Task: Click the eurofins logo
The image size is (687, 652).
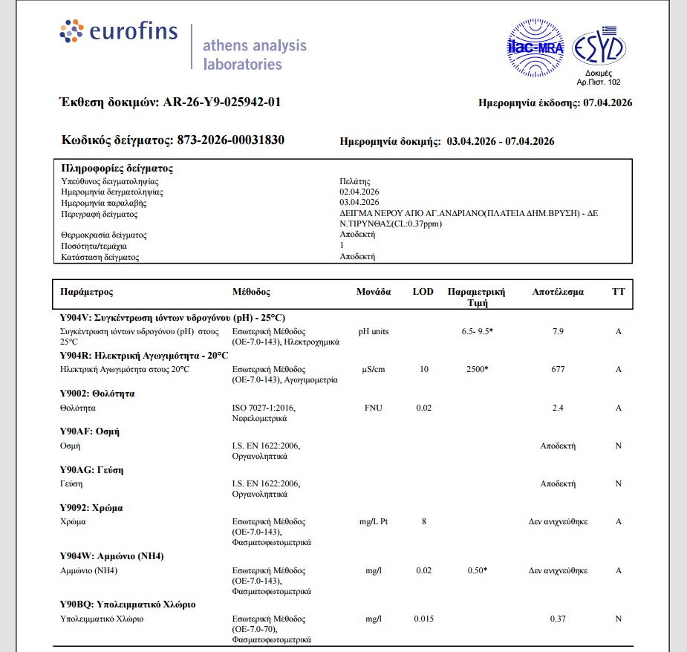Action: pyautogui.click(x=119, y=32)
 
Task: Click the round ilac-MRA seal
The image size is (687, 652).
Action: pyautogui.click(x=535, y=48)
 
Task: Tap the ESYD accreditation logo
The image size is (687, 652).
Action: pyautogui.click(x=599, y=48)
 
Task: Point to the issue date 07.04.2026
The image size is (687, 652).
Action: pyautogui.click(x=608, y=103)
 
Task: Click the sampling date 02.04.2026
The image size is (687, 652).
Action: pyautogui.click(x=359, y=192)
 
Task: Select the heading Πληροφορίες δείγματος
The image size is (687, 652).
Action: pyautogui.click(x=117, y=169)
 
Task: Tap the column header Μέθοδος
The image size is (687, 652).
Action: pyautogui.click(x=251, y=292)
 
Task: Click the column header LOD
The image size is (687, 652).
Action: pyautogui.click(x=423, y=292)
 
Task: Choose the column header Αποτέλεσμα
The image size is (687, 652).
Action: pyautogui.click(x=558, y=292)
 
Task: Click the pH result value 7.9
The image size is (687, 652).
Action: pyautogui.click(x=558, y=331)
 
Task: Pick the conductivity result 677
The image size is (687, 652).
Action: pyautogui.click(x=558, y=369)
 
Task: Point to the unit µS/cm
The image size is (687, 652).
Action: pyautogui.click(x=374, y=369)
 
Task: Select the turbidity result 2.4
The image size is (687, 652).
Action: pyautogui.click(x=558, y=408)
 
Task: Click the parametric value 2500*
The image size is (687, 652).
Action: pyautogui.click(x=476, y=369)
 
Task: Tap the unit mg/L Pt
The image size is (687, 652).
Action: pyautogui.click(x=374, y=521)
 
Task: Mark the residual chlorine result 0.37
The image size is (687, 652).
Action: pyautogui.click(x=558, y=619)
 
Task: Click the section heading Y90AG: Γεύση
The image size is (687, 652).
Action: pyautogui.click(x=91, y=470)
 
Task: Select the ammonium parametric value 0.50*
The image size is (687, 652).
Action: pyautogui.click(x=476, y=570)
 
